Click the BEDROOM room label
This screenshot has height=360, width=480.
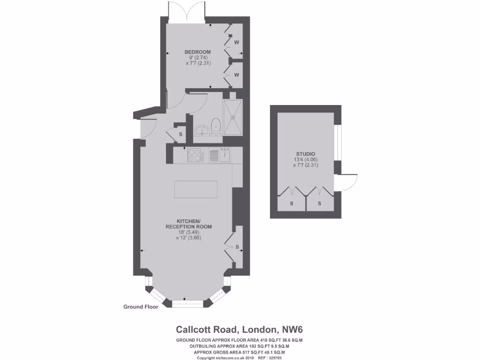(x=197, y=52)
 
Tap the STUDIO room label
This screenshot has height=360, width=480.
(x=305, y=154)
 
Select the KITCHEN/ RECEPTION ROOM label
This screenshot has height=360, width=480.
(x=188, y=224)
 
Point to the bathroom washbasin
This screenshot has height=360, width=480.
(x=202, y=129)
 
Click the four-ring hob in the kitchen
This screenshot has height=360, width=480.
(x=195, y=154)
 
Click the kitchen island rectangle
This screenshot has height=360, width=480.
(x=196, y=189)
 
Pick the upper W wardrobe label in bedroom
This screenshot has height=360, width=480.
(x=237, y=43)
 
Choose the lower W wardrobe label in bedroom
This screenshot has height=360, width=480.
(x=237, y=75)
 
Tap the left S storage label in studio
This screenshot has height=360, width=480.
(x=291, y=203)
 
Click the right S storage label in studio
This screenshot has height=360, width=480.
(x=320, y=203)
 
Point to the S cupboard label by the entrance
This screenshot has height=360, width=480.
(x=180, y=134)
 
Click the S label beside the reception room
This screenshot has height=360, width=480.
(x=237, y=247)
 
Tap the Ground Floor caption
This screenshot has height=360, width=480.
(x=141, y=307)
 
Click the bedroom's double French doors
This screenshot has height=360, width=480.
(x=187, y=11)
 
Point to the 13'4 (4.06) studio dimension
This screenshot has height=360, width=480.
(x=305, y=159)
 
